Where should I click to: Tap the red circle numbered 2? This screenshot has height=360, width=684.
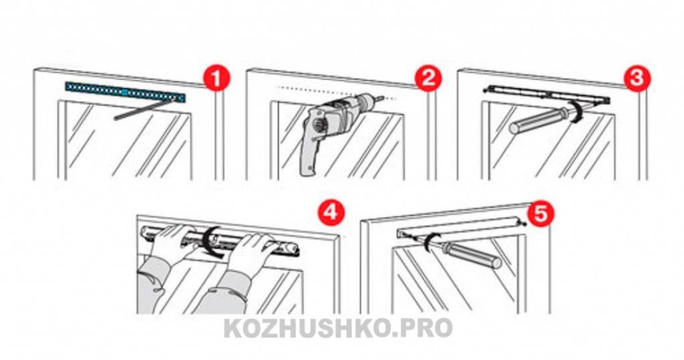point(428,79)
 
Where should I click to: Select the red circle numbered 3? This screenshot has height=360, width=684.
point(637,79)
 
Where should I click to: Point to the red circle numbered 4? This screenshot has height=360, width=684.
point(330,212)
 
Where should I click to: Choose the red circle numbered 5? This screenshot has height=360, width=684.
point(540,214)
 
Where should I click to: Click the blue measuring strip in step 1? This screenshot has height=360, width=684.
point(125,92)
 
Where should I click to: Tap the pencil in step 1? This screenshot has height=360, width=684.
point(147,109)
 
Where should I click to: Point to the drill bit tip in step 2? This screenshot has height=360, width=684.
point(383,98)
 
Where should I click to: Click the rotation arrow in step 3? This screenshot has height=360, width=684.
point(578,112)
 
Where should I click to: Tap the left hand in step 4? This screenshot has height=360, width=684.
point(173,244)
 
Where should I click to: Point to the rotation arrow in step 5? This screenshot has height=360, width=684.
point(430,242)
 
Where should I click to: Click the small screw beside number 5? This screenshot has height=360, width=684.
point(522,224)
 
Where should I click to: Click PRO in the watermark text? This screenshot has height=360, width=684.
point(425,329)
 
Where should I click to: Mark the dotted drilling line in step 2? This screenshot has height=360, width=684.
point(336,93)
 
